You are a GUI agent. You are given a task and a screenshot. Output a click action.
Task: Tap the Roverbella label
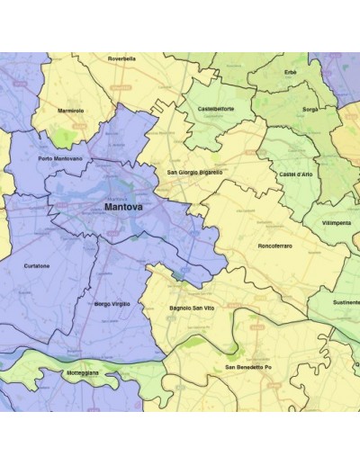coord(121,58)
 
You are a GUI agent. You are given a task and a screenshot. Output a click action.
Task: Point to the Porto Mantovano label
coord(60,158)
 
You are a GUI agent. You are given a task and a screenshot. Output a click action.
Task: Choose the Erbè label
coord(290,71)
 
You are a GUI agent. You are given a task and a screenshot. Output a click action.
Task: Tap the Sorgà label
coord(310,108)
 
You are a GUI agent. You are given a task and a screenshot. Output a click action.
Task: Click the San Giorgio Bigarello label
coord(195,171)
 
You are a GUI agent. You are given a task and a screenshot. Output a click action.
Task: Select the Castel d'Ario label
coord(296,173)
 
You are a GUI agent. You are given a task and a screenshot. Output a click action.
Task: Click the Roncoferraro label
coord(274,245)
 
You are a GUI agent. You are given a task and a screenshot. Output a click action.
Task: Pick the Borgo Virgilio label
coord(112,304)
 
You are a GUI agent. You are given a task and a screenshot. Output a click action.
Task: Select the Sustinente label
coord(346,303)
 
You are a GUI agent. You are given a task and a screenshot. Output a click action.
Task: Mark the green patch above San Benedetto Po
coord(232,350)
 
